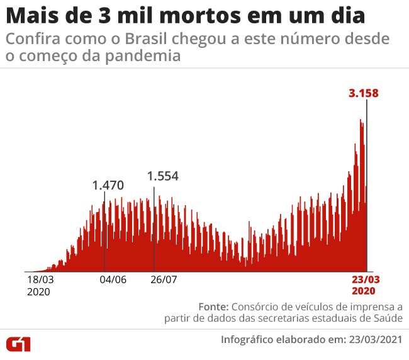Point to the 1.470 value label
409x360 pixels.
click(108, 186)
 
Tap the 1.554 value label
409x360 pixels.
click(163, 176)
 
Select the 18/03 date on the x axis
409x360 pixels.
click(39, 280)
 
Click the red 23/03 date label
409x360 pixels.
click(364, 280)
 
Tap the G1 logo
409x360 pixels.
click(20, 344)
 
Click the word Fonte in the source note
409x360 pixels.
click(213, 307)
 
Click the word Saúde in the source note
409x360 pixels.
click(387, 319)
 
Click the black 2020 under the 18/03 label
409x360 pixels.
click(38, 292)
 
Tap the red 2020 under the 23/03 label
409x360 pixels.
click(364, 291)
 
